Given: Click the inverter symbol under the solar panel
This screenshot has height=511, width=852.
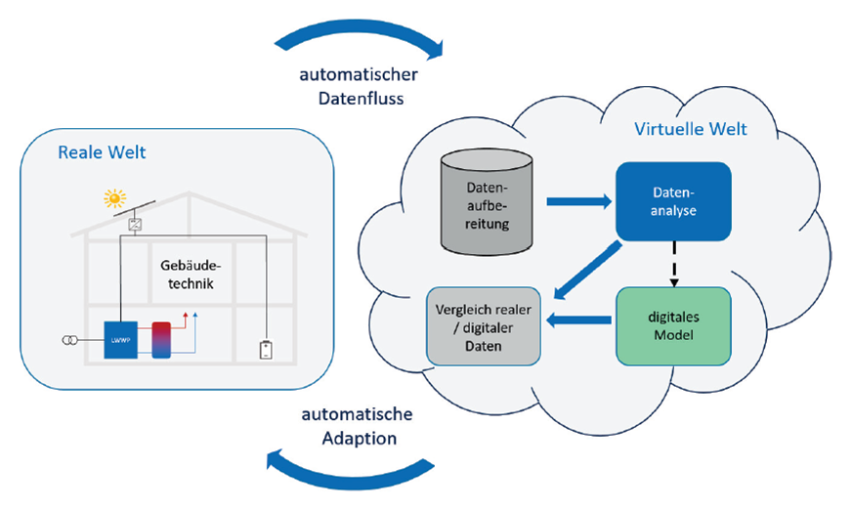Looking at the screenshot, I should coord(136,225).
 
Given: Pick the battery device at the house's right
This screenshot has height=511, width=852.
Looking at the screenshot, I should coord(266,350).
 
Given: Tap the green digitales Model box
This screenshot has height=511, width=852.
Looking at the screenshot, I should coord(672,326).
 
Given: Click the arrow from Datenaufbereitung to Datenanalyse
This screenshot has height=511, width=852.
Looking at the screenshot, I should coord(577,202).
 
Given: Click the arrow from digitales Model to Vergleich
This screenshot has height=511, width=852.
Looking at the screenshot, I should coord(577,320).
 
